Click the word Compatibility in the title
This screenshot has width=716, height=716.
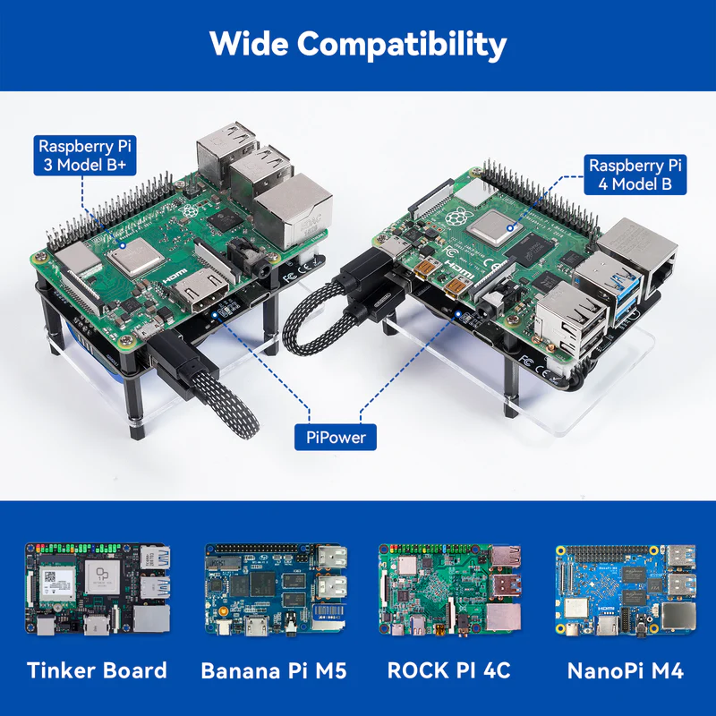pos(402,45)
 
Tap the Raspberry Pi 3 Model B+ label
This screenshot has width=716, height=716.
pos(85,155)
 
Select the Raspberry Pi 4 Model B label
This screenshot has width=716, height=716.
pos(635,175)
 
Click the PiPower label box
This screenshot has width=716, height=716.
pos(336,437)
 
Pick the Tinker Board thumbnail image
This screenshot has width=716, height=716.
pos(98,588)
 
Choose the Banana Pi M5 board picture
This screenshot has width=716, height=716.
pos(276,590)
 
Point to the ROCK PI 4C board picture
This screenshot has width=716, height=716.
pos(450,590)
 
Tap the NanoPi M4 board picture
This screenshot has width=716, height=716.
pos(626,590)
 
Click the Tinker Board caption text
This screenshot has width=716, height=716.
pos(98,670)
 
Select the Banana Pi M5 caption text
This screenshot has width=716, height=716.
pos(274,670)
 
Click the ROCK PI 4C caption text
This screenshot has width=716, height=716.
pos(449,670)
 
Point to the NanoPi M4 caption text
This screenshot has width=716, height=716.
pos(625,670)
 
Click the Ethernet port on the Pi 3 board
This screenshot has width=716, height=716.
pos(294,210)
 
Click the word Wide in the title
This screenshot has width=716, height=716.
pos(250,44)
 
